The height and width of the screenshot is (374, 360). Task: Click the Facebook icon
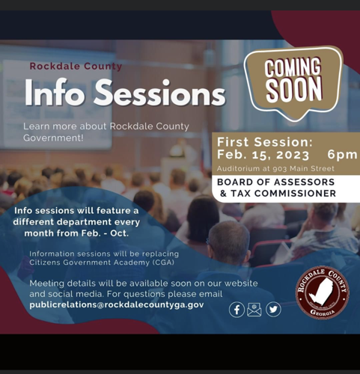(237, 309)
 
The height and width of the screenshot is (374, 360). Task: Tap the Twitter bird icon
(273, 309)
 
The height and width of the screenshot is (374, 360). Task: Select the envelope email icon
(254, 309)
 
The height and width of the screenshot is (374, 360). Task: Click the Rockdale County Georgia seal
(322, 293)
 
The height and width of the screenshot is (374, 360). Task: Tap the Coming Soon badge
(293, 79)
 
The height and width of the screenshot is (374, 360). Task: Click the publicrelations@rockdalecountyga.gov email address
(117, 304)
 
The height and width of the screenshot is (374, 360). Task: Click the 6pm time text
(342, 154)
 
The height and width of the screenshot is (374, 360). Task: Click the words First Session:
(265, 141)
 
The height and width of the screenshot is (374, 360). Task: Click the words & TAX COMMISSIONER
(276, 194)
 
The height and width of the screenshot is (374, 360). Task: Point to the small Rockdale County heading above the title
(76, 66)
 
